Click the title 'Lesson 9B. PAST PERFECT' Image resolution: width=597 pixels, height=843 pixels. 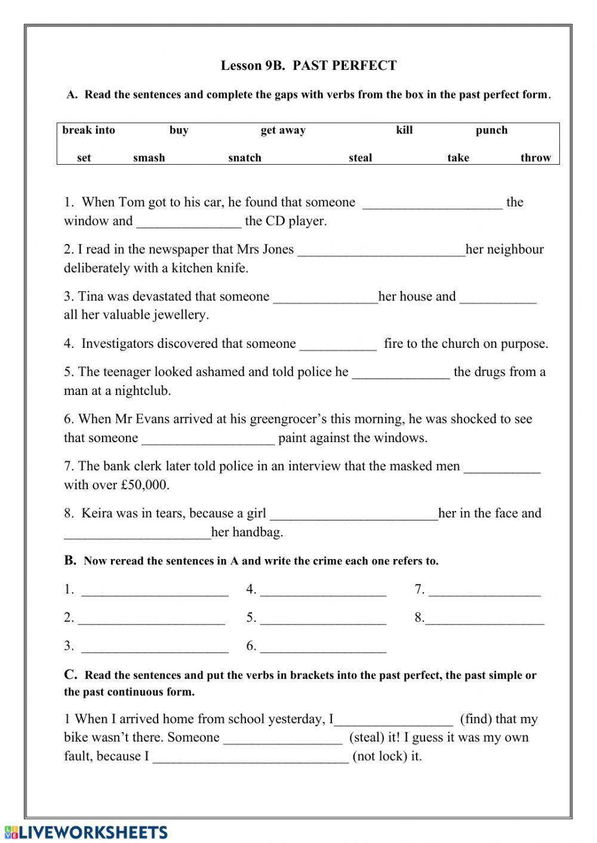(309, 66)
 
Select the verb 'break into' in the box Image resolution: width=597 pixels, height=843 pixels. (88, 130)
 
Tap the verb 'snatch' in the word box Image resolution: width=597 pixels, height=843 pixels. (245, 158)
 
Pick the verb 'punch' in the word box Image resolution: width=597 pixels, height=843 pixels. (491, 130)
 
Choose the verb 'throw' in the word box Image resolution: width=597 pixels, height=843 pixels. (536, 158)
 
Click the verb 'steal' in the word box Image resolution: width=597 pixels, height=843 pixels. (360, 158)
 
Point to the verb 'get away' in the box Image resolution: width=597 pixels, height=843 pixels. (283, 130)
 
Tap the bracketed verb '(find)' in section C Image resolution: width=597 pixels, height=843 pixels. (476, 720)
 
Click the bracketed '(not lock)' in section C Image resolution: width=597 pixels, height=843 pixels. (387, 756)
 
